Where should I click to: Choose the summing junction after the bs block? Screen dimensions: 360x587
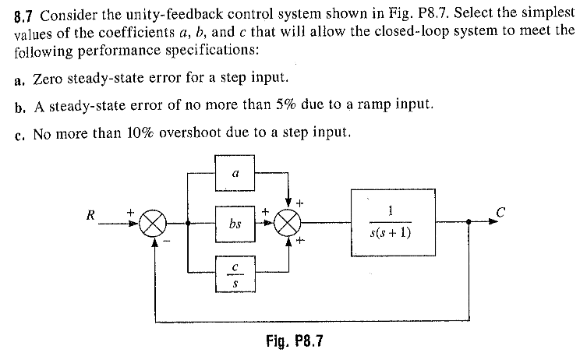click(289, 224)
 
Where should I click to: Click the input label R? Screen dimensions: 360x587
click(91, 216)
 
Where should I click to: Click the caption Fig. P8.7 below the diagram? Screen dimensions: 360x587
click(294, 341)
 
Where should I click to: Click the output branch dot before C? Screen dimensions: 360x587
click(468, 222)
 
